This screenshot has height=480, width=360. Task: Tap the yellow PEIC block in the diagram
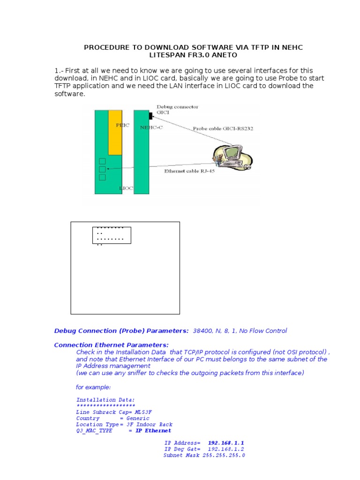click(115, 132)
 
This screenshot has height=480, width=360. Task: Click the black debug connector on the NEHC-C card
click(151, 115)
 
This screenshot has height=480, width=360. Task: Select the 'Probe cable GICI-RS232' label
click(223, 128)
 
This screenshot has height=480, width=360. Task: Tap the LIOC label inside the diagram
click(126, 188)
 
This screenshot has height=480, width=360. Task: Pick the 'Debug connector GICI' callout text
click(177, 110)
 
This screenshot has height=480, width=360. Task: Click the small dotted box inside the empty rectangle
click(112, 235)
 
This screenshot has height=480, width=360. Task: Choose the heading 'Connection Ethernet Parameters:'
click(111, 345)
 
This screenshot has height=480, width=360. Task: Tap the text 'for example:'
click(93, 387)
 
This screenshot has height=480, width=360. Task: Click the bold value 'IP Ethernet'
click(153, 430)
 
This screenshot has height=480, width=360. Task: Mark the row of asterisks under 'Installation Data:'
click(105, 405)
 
